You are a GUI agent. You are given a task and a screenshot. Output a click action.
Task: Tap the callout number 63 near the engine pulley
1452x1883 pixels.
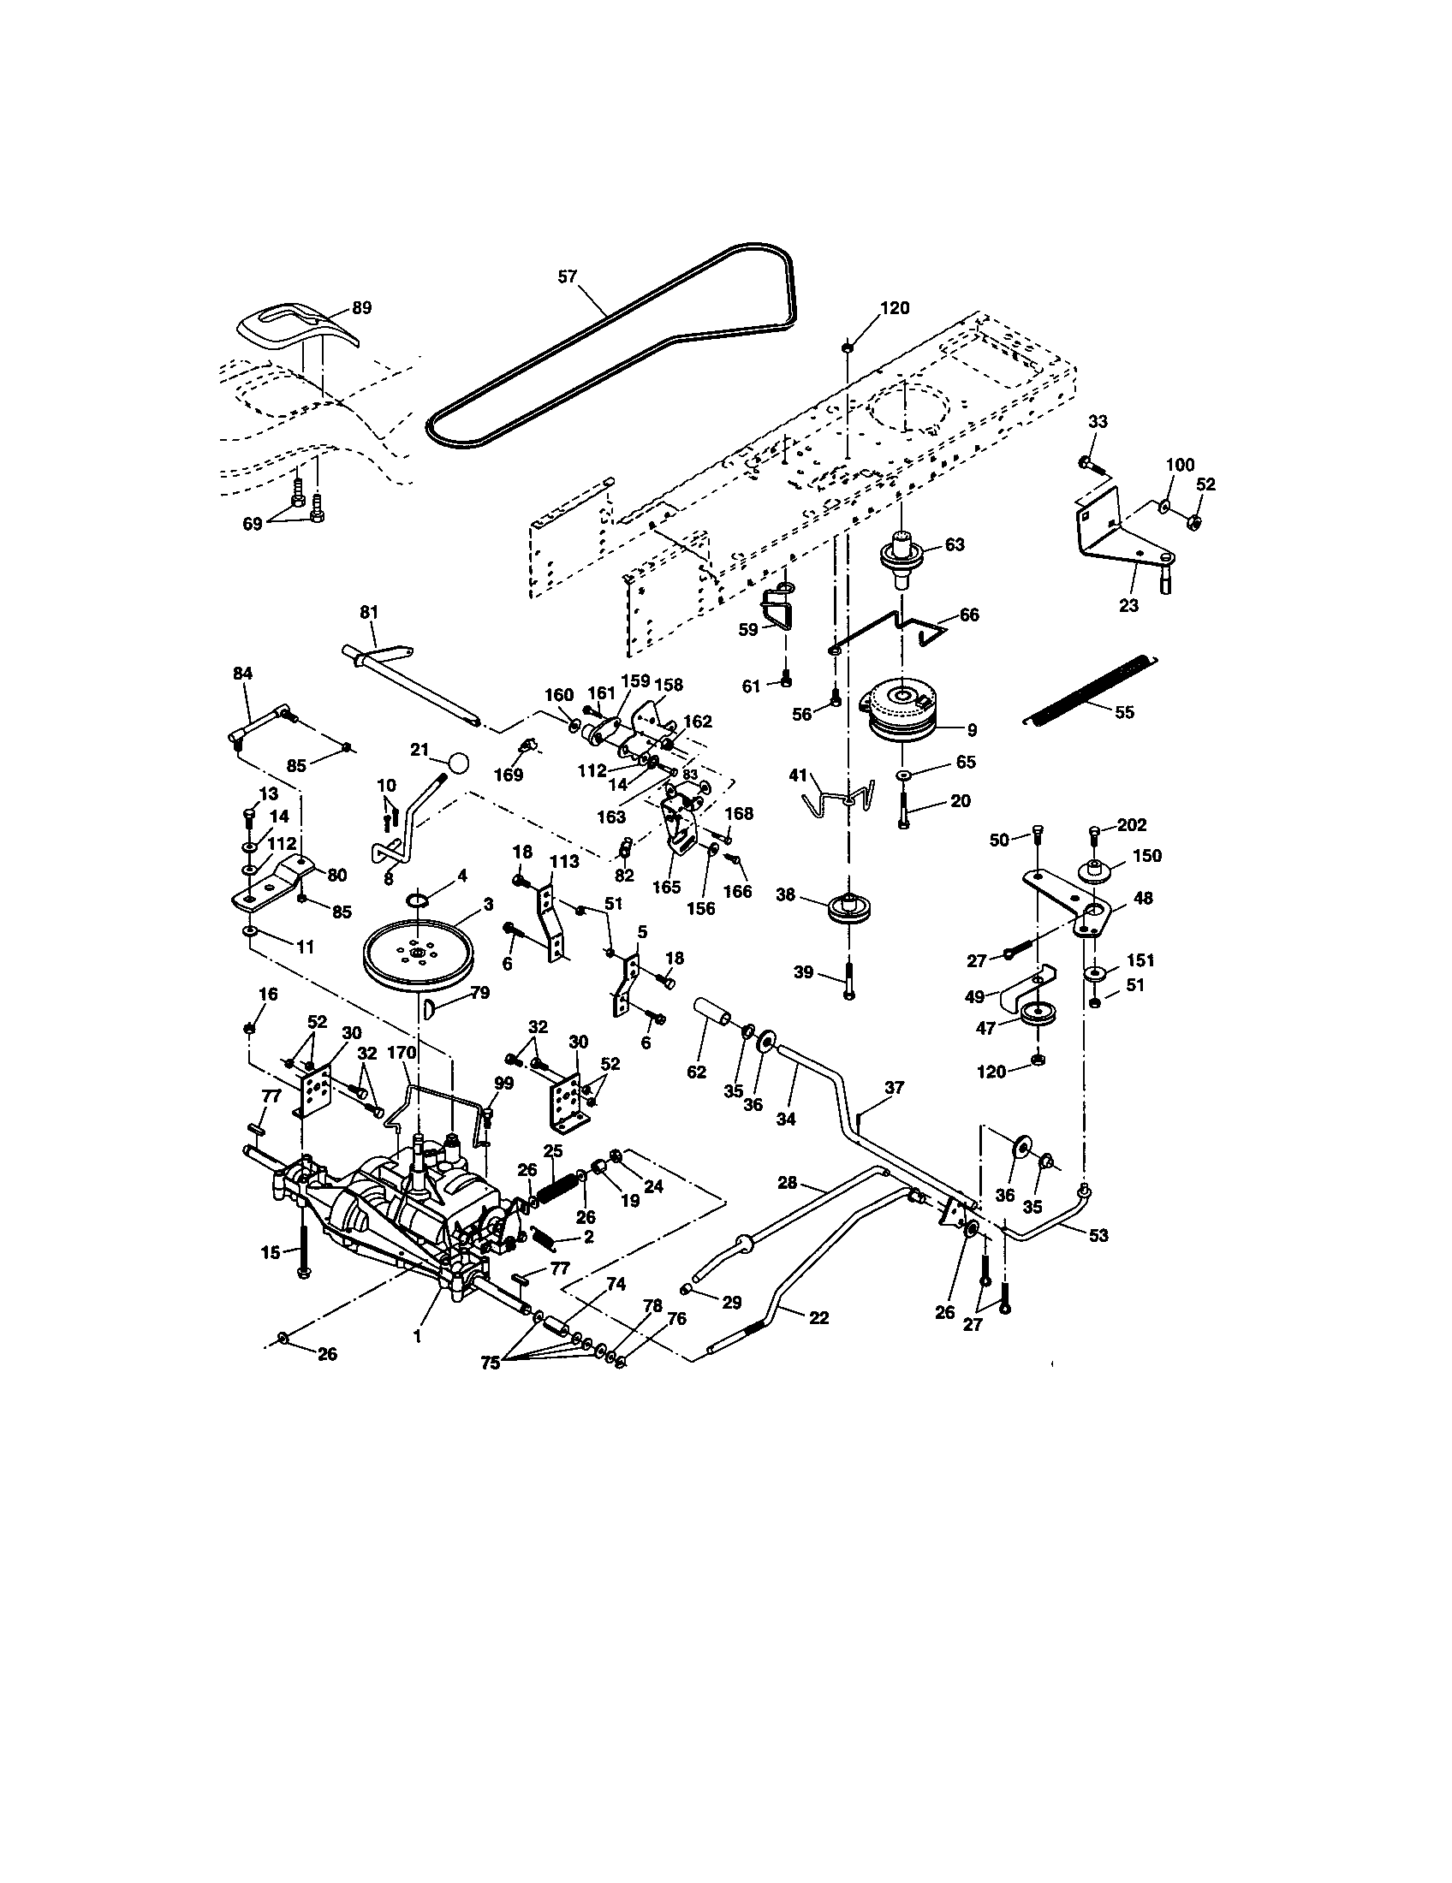[955, 545]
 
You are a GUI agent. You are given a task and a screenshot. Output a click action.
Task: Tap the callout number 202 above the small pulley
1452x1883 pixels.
[1131, 825]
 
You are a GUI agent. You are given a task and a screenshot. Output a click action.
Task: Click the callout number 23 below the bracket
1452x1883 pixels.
[1128, 605]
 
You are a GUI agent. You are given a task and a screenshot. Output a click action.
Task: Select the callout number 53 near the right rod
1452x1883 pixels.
[1098, 1235]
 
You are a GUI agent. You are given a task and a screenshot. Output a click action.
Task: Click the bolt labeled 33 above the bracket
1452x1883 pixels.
[1088, 464]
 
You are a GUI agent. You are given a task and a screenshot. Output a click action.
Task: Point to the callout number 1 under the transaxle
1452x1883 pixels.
[417, 1336]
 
